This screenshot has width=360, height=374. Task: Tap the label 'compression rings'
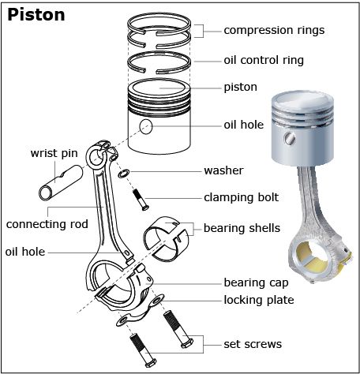click(274, 31)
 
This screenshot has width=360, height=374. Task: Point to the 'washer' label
click(223, 170)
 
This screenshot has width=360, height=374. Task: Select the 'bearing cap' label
click(256, 282)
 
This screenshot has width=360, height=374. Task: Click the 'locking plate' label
click(258, 300)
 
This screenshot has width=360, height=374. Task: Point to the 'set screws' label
click(253, 343)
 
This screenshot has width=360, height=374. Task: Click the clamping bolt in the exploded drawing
click(141, 199)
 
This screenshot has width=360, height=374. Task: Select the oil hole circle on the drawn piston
click(144, 127)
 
